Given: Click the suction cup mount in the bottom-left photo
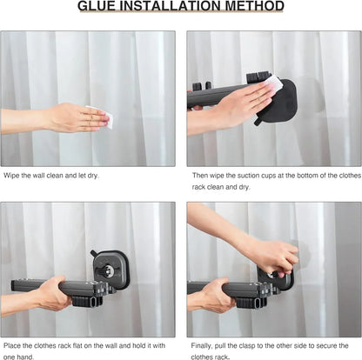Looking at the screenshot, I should [x=112, y=270].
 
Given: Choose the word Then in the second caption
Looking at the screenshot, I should [x=200, y=175].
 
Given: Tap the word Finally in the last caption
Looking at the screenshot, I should [x=204, y=345].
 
